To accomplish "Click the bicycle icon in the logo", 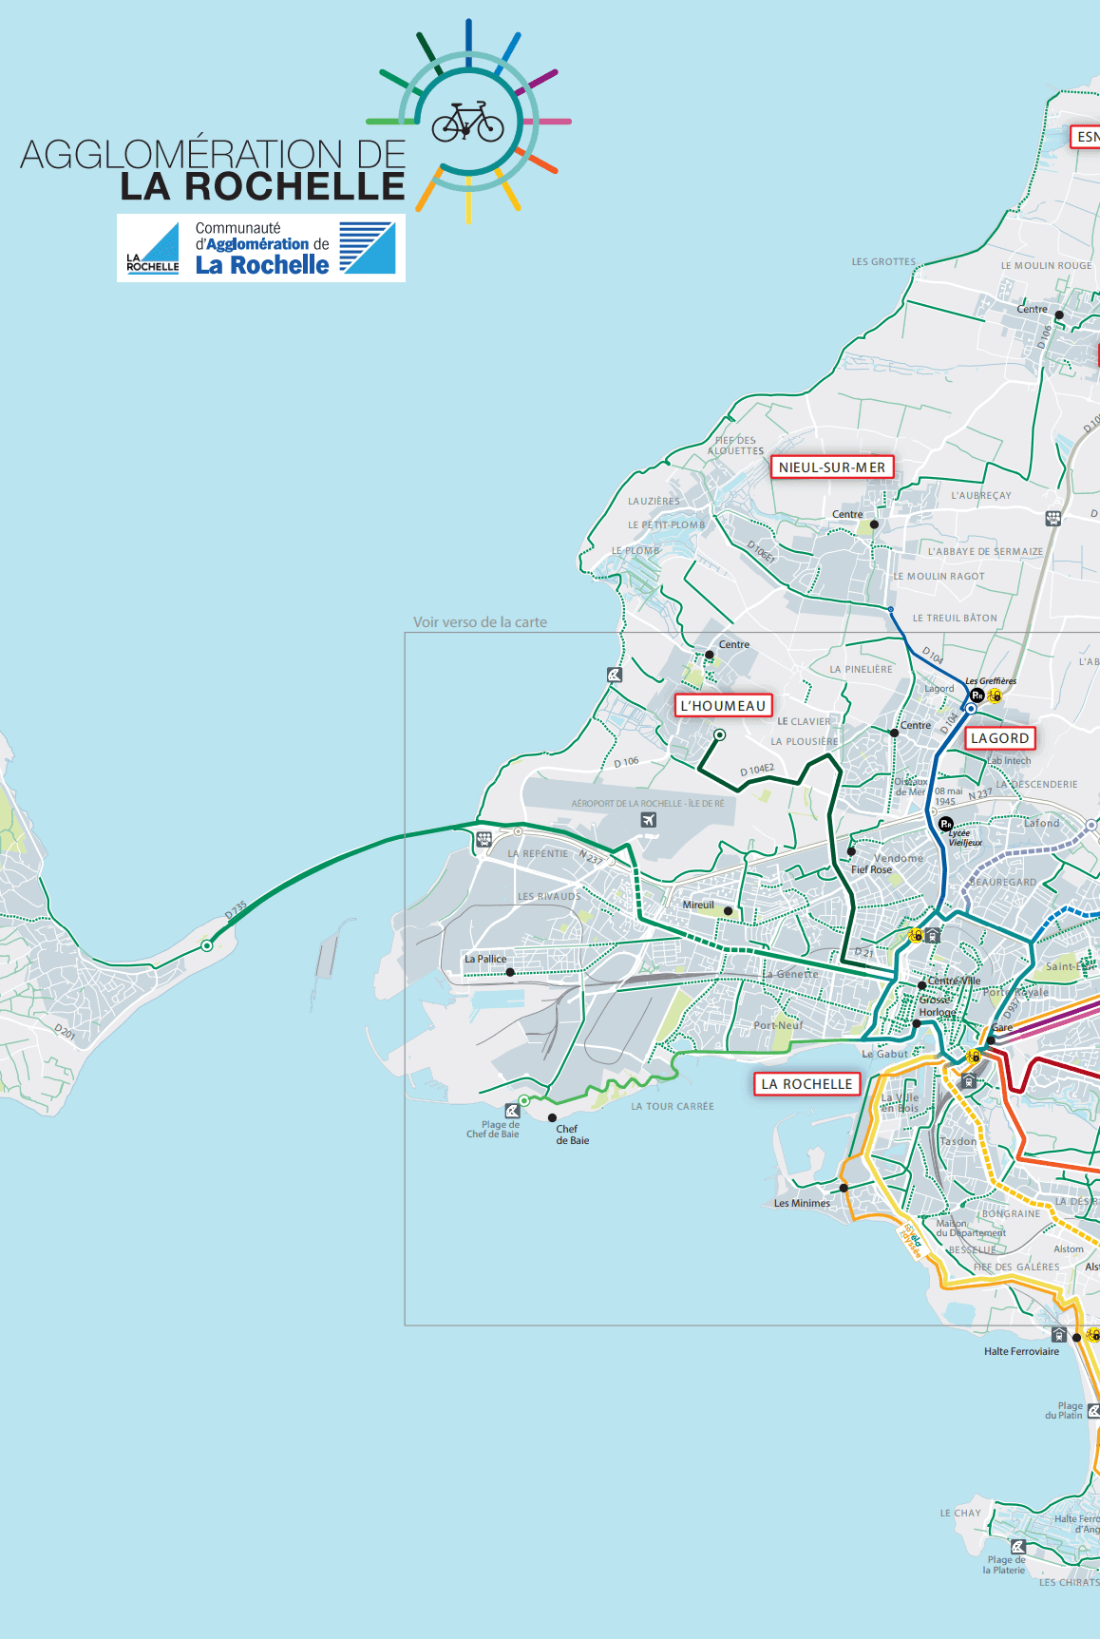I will [467, 122].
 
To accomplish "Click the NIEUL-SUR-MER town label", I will [831, 467].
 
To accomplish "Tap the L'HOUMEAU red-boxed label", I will [723, 706].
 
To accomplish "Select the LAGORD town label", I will [999, 738].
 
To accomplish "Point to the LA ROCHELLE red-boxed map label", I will [806, 1084].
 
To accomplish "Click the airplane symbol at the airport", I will [649, 820].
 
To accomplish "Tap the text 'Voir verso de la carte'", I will [480, 622].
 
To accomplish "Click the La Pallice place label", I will [485, 959].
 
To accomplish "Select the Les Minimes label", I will [802, 1203].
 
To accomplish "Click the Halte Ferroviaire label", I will [1021, 1351].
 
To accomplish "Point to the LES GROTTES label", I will [883, 261].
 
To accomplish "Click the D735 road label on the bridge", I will [236, 909].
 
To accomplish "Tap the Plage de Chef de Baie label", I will [494, 1129].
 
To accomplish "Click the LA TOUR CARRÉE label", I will [673, 1106].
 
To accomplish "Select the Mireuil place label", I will [698, 905].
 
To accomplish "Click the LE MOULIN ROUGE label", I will [1046, 266].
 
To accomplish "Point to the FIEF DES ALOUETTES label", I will [736, 446].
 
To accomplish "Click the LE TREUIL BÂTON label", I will [955, 618].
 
